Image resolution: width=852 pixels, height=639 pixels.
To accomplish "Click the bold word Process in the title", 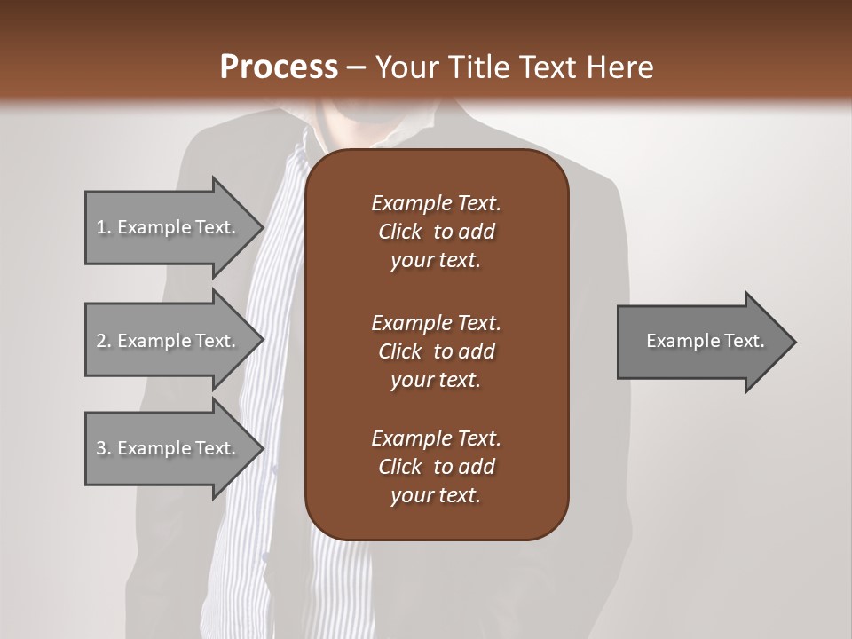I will (x=279, y=67).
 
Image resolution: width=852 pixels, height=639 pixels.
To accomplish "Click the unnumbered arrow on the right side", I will (x=701, y=341).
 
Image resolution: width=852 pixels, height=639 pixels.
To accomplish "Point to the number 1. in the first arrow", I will (x=104, y=227).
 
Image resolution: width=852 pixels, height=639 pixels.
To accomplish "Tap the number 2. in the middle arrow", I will (x=104, y=341).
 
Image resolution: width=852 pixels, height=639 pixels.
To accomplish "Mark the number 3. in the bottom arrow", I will (x=104, y=448).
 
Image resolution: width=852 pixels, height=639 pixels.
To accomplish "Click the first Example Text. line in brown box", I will (x=436, y=203).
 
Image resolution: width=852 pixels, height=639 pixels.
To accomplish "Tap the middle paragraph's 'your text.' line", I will (x=436, y=380).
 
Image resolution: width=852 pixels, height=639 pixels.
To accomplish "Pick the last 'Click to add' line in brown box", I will (x=436, y=467).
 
